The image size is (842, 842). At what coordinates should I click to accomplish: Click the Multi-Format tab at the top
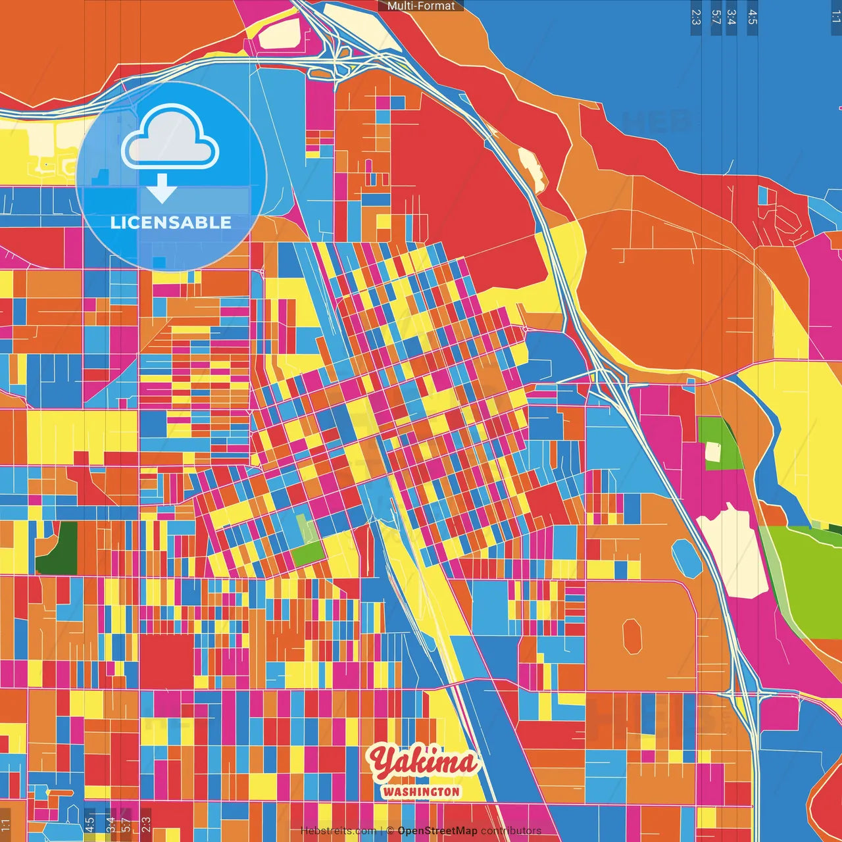(421, 6)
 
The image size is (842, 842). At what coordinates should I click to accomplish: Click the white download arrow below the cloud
(161, 189)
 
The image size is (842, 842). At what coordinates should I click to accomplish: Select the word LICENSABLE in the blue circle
(171, 222)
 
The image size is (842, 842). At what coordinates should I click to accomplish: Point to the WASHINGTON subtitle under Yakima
(421, 791)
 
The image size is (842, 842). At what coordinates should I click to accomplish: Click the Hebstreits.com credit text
(338, 831)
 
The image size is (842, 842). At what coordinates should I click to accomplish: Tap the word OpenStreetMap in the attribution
(437, 831)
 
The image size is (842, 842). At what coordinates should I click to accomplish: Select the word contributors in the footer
(511, 831)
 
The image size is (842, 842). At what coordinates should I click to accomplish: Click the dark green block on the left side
(58, 547)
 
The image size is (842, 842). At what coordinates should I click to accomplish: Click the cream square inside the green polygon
(712, 452)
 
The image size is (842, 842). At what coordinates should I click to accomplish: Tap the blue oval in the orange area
(687, 558)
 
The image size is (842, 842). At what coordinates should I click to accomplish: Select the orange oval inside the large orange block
(632, 636)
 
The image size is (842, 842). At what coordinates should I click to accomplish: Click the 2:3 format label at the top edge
(696, 17)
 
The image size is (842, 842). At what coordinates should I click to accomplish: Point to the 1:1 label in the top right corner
(835, 17)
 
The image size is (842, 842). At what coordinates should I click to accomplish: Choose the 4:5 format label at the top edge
(753, 17)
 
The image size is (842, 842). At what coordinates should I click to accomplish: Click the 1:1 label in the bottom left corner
(6, 824)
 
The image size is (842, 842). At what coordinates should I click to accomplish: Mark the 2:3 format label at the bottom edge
(146, 824)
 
